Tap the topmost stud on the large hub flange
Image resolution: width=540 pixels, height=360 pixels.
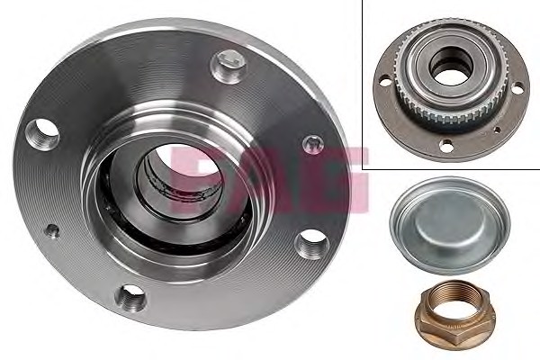pyautogui.click(x=228, y=67)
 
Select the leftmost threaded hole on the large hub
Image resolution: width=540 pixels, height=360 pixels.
pyautogui.click(x=42, y=134)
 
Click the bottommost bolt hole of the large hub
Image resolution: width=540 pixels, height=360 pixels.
pyautogui.click(x=130, y=298)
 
